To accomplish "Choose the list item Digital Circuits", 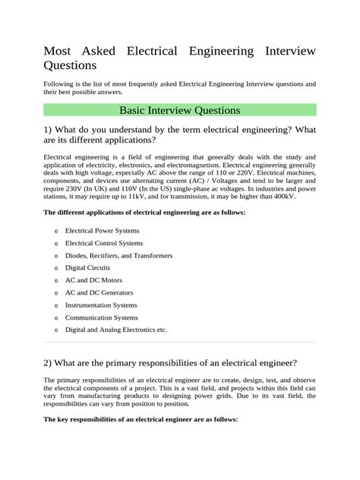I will (x=87, y=267).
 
